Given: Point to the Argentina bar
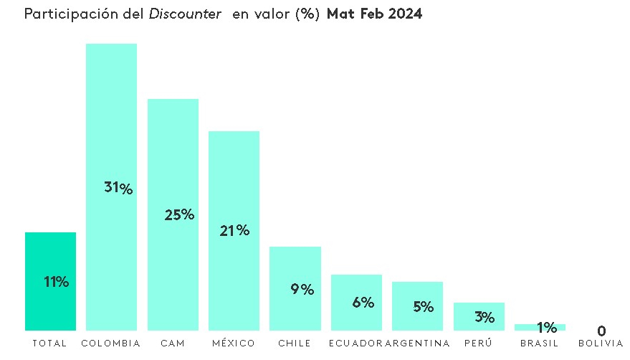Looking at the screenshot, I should tap(417, 319).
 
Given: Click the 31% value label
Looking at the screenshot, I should tap(118, 188).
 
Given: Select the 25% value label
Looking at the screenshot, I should tap(179, 214).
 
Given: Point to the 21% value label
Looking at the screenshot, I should tap(234, 230).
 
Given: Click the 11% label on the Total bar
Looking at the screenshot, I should tap(56, 282).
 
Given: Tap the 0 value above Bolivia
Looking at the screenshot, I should tap(601, 331).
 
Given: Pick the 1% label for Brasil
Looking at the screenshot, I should tap(547, 328).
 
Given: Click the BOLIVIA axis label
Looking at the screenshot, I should tap(601, 344).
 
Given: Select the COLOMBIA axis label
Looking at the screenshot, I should tap(111, 344).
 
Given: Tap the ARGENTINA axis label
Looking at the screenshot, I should tap(418, 344).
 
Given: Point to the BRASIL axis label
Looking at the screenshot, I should tap(540, 344).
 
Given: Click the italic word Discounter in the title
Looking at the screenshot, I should tap(185, 15).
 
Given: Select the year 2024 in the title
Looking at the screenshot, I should tap(404, 15).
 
